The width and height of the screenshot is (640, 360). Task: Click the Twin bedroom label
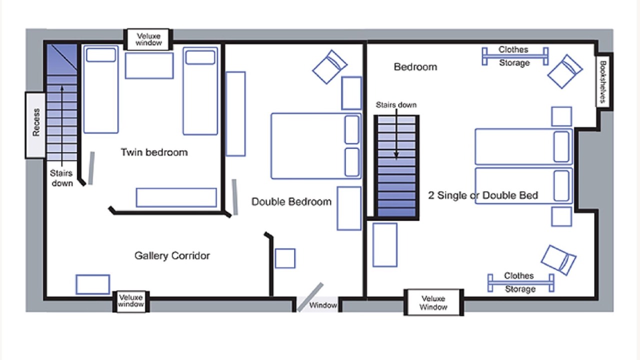coord(154,152)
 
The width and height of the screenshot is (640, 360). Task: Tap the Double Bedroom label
coord(291,201)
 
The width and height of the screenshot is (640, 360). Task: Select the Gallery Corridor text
coord(172,255)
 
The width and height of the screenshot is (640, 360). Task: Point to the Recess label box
coord(35,125)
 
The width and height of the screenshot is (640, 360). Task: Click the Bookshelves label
coord(602,81)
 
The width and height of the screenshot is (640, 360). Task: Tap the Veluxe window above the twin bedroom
coord(148,39)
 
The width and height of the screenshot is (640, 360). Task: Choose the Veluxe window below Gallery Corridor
coord(131,301)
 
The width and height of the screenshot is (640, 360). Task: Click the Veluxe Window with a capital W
coord(433,303)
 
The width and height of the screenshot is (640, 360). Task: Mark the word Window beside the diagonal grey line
coord(323,305)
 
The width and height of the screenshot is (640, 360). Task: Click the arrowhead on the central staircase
coord(396,155)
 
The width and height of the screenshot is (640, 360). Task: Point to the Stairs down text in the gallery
coord(61,178)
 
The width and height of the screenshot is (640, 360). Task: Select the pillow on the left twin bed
coord(101,55)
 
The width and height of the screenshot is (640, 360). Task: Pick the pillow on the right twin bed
coord(200,57)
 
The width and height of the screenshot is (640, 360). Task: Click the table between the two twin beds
coord(149,65)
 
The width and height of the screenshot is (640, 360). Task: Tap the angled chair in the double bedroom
coord(330,67)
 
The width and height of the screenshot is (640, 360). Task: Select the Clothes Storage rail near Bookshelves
coord(515,56)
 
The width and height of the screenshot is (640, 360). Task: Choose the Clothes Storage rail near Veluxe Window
coord(521,283)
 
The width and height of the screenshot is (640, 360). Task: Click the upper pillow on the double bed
coord(352,129)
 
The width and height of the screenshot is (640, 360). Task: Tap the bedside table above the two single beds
coord(561,116)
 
